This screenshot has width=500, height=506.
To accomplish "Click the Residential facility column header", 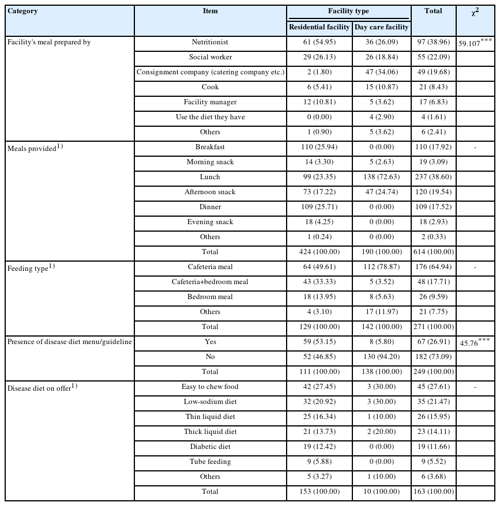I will tap(319, 27).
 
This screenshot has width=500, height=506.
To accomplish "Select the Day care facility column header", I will tap(381, 27).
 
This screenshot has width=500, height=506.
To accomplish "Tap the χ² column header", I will tap(475, 13).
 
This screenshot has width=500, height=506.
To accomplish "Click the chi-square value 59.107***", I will tap(475, 43).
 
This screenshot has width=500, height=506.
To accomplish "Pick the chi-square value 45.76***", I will tap(475, 342).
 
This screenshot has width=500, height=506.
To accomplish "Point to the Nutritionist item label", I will tap(210, 42).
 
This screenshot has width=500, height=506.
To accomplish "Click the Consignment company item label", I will tap(210, 72).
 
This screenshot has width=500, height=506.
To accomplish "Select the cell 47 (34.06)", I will tap(381, 72).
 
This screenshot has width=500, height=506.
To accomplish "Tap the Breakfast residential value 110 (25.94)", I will tap(319, 147).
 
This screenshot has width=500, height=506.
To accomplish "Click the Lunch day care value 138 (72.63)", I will tap(381, 177).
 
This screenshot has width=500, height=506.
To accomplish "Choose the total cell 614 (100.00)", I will tap(433, 252).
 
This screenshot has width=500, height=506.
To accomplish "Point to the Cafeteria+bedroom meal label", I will tap(210, 282).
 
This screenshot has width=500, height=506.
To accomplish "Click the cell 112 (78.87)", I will tap(381, 267).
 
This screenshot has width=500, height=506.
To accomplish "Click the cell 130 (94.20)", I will tap(381, 357).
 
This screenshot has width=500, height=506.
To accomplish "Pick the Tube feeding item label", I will tap(210, 462).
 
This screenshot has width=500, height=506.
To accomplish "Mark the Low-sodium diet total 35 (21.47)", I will tap(433, 402).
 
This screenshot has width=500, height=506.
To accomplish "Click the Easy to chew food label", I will tap(210, 387).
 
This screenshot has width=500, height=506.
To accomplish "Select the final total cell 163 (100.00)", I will tap(433, 492).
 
